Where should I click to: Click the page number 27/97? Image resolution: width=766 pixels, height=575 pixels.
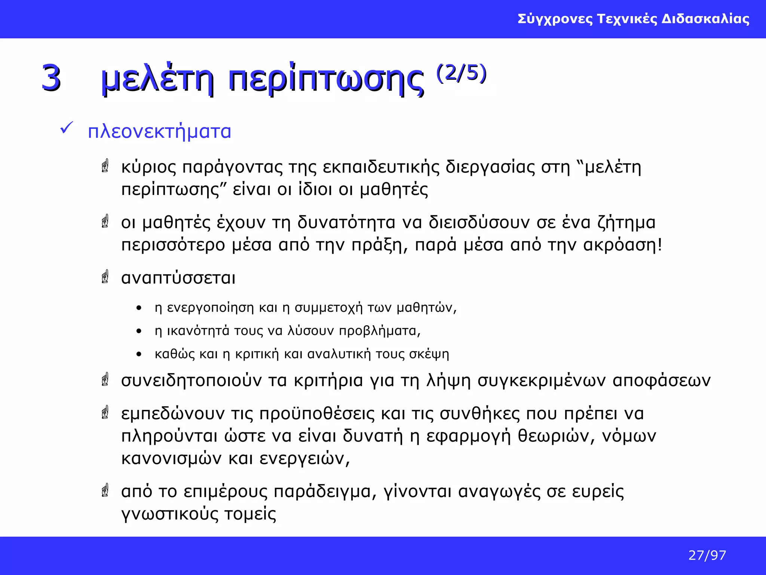pos(707,555)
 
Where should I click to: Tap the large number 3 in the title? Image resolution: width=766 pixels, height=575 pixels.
pos(51,78)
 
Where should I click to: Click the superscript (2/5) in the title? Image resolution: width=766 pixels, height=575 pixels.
pos(461,73)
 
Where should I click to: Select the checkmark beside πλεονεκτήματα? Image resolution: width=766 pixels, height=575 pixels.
pos(66,128)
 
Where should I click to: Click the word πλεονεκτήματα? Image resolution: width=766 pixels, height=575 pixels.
pos(159,132)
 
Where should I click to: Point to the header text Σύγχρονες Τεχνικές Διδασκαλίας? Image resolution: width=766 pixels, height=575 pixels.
pos(633,19)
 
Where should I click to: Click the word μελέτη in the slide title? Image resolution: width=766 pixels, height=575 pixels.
pos(157,79)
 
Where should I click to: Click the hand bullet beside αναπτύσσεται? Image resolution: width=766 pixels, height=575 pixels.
pos(105,277)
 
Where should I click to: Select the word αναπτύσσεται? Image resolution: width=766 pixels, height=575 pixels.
pos(178,278)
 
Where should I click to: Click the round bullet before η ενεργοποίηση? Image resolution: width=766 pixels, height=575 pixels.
pos(139,308)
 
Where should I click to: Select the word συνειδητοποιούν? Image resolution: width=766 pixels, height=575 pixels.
pos(191,381)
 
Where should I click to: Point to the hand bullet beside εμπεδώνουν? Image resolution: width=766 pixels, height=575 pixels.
pos(105,413)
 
